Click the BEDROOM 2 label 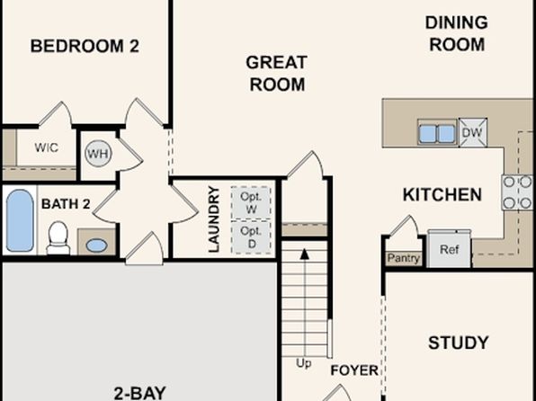point(85,46)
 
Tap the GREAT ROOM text point(277,74)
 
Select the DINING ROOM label point(457,33)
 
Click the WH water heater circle point(98,154)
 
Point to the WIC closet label point(46,147)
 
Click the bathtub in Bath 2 point(20,220)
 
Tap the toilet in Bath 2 point(58,237)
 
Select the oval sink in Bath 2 point(96,245)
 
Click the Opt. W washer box point(251,202)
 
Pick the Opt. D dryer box point(251,237)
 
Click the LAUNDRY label point(214,219)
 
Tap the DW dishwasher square point(473,132)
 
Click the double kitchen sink point(437,133)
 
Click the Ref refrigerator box point(449,249)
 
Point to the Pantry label point(404,258)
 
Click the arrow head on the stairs point(304,254)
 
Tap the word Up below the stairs point(304,364)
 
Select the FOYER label point(354,370)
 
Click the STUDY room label point(459,343)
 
